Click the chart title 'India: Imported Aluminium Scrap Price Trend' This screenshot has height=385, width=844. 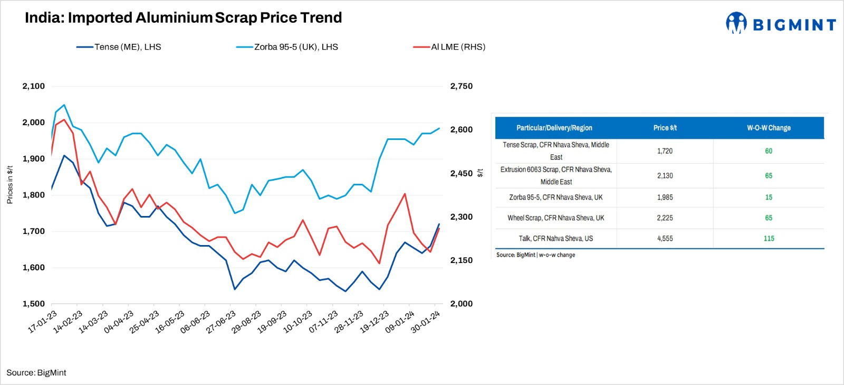[183, 18]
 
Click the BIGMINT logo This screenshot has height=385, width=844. [780, 24]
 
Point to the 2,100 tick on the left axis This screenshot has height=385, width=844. [33, 86]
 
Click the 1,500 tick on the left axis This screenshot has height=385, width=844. [33, 304]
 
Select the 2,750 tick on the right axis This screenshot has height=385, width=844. [461, 86]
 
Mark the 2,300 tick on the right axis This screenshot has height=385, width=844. [461, 217]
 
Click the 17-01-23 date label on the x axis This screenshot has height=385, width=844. [42, 322]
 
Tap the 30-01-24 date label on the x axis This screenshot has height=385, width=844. [425, 322]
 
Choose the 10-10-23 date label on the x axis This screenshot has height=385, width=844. [298, 322]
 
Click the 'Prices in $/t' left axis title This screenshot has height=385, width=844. [9, 185]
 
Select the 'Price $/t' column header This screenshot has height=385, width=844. [665, 128]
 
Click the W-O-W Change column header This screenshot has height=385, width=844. [769, 128]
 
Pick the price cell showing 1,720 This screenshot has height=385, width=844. [665, 151]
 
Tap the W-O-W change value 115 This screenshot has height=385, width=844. [769, 239]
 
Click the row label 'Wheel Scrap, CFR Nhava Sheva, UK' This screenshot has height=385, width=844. [555, 218]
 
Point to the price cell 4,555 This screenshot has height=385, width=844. [665, 239]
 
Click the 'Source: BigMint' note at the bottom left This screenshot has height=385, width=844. [36, 373]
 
